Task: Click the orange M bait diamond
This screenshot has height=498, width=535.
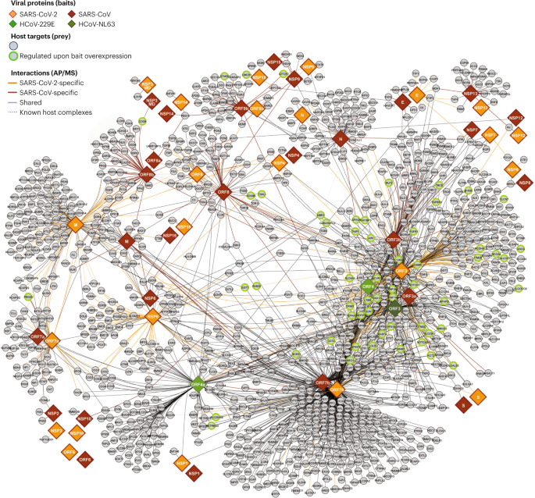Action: [x=76, y=225]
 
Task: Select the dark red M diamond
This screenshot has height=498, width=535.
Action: [x=125, y=242]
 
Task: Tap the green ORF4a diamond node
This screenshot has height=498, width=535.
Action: [x=198, y=384]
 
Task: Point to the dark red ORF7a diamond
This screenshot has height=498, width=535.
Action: [x=36, y=338]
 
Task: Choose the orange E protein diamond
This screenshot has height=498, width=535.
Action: [x=418, y=94]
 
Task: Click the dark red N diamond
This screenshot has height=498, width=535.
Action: [x=340, y=139]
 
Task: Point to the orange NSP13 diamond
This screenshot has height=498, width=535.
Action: [x=481, y=108]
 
